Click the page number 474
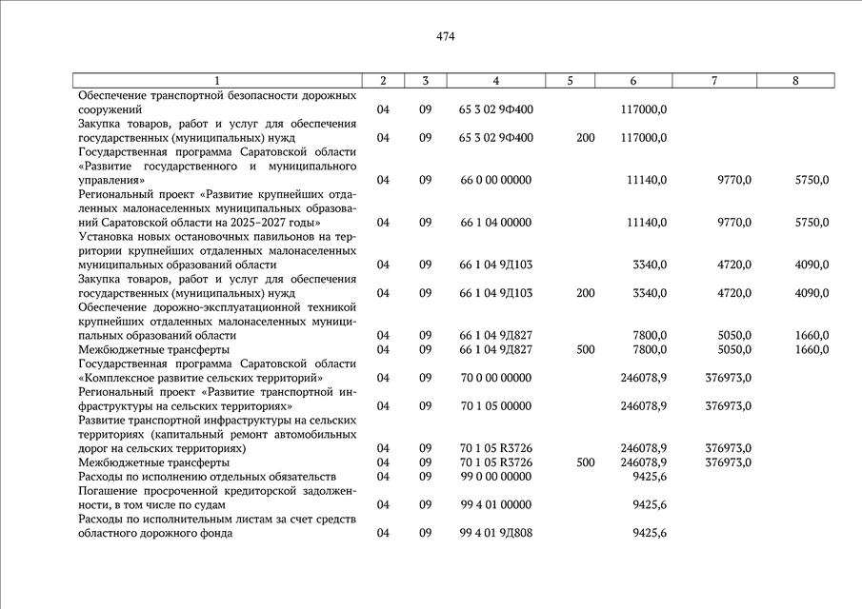click(446, 37)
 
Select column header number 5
click(570, 81)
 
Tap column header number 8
click(795, 81)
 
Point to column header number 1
click(217, 81)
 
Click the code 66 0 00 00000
click(495, 180)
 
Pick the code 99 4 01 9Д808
click(495, 533)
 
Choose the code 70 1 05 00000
click(495, 406)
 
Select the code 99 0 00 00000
click(495, 477)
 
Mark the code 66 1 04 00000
click(495, 223)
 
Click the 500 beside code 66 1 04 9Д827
click(586, 350)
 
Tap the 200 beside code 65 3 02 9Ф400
click(586, 138)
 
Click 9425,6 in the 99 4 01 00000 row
click(650, 504)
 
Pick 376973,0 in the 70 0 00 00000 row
click(729, 378)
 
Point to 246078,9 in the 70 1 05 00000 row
click(643, 406)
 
